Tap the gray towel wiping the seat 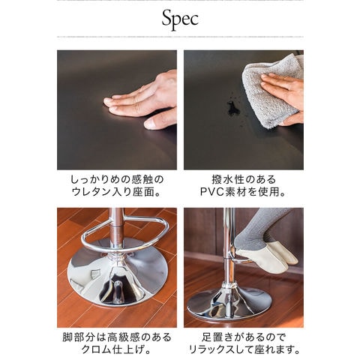click(x=270, y=92)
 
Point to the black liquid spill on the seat click(x=233, y=108)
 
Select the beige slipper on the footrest click(x=267, y=257)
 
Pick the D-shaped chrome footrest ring click(x=125, y=234)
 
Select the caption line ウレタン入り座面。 click(x=116, y=192)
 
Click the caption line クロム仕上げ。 click(x=116, y=349)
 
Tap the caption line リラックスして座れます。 click(x=244, y=349)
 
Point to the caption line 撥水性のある click(x=244, y=179)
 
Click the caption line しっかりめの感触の click(x=117, y=179)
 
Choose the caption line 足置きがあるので click(x=244, y=337)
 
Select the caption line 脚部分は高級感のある click(x=117, y=337)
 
